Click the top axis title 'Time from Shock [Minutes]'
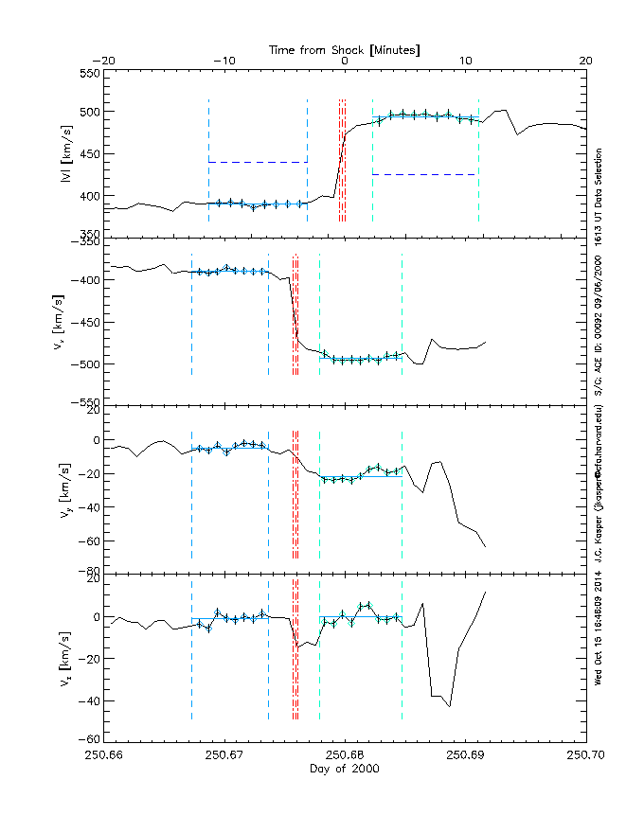(345, 48)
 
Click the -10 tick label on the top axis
(224, 61)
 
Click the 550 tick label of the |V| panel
(89, 73)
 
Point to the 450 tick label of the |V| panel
(89, 154)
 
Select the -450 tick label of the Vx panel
(85, 323)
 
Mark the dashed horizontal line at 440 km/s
(258, 162)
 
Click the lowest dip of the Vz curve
(450, 706)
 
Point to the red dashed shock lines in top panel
(342, 161)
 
